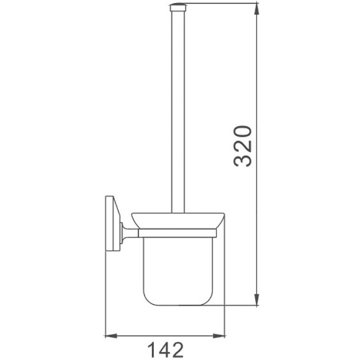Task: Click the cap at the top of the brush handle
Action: click(178, 7)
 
